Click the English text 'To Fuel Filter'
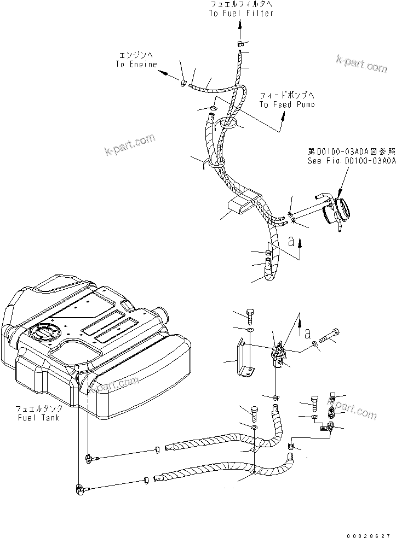240,13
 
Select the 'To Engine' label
136,64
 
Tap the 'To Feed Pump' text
286,104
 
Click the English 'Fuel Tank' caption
39,417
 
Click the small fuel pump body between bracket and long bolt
279,356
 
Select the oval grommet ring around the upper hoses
229,125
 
